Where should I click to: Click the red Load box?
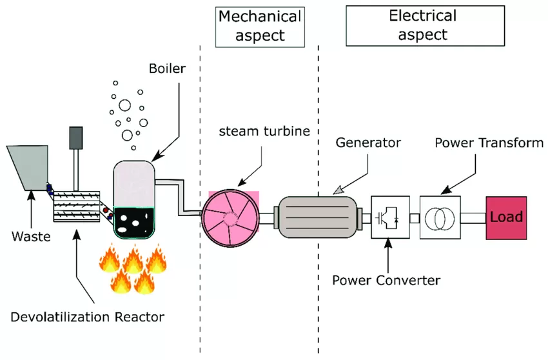click(507, 217)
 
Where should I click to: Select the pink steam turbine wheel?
click(230, 218)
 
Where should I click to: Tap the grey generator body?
click(316, 217)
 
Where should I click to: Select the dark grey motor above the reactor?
click(77, 137)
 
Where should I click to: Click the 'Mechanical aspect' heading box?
click(259, 26)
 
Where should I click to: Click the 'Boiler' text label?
click(166, 68)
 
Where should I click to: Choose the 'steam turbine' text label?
click(264, 132)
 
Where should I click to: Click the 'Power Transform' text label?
click(489, 142)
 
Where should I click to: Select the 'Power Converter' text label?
click(386, 280)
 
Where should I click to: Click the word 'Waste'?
click(31, 236)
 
